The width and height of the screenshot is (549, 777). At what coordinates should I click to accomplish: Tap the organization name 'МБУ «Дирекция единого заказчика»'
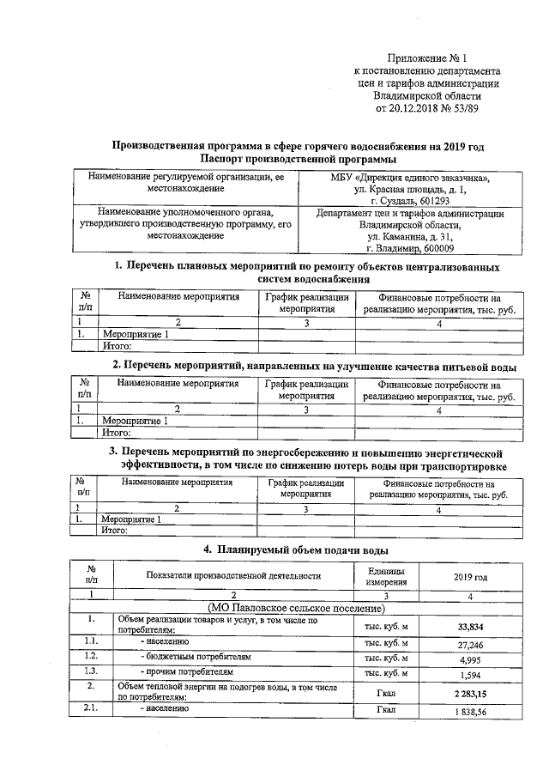[411, 178]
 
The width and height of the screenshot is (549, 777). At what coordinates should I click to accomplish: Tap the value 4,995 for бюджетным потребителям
[474, 660]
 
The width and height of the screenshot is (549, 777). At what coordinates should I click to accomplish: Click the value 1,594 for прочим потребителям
[474, 677]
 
